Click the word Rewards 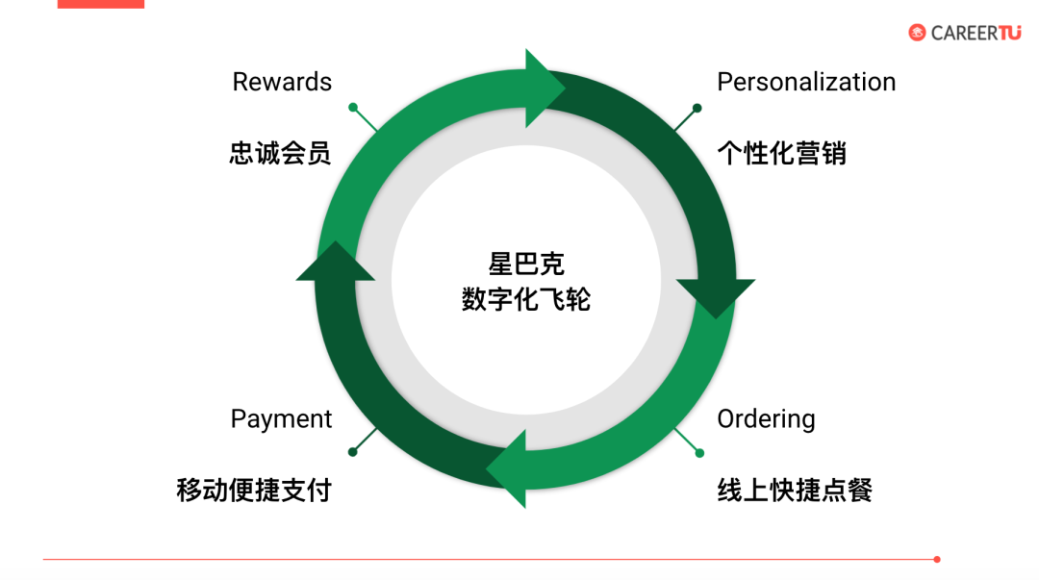pyautogui.click(x=282, y=83)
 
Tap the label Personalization pyautogui.click(x=806, y=83)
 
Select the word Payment pyautogui.click(x=281, y=419)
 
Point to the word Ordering pyautogui.click(x=766, y=419)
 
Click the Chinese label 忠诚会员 pyautogui.click(x=280, y=153)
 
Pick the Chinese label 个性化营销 pyautogui.click(x=781, y=153)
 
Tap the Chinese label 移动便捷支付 pyautogui.click(x=254, y=490)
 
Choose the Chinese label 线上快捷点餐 pyautogui.click(x=795, y=490)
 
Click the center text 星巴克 pyautogui.click(x=525, y=264)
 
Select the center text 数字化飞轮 pyautogui.click(x=525, y=299)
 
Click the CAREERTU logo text pyautogui.click(x=976, y=33)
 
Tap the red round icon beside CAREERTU pyautogui.click(x=917, y=33)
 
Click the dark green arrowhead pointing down pyautogui.click(x=715, y=295)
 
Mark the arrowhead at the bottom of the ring pyautogui.click(x=510, y=468)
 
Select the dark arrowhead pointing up pyautogui.click(x=335, y=263)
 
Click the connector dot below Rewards pyautogui.click(x=353, y=107)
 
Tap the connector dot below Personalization pyautogui.click(x=698, y=107)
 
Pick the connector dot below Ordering pyautogui.click(x=699, y=452)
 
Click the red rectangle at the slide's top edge pyautogui.click(x=100, y=4)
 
